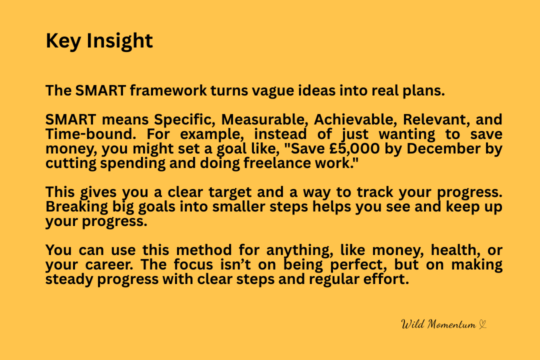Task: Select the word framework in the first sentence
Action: [x=168, y=90]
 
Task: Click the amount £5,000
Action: [x=354, y=149]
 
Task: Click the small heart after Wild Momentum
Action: [x=483, y=325]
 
